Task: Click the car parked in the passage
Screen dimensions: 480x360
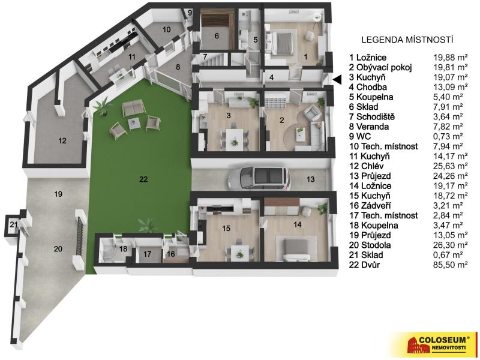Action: pyautogui.click(x=259, y=178)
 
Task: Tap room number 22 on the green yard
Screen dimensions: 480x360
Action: pyautogui.click(x=143, y=179)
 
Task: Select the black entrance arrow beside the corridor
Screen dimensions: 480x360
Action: pyautogui.click(x=337, y=80)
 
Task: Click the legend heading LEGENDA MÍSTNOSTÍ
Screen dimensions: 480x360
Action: pyautogui.click(x=407, y=40)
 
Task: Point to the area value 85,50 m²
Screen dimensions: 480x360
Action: pyautogui.click(x=451, y=265)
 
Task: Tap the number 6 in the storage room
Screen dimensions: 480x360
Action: pyautogui.click(x=217, y=36)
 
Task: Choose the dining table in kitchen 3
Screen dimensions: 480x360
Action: pyautogui.click(x=235, y=137)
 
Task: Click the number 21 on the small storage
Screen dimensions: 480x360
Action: pyautogui.click(x=13, y=224)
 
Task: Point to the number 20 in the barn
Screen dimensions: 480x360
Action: pyautogui.click(x=58, y=249)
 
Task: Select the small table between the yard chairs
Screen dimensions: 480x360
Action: pyautogui.click(x=134, y=124)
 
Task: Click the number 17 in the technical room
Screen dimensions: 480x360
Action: pyautogui.click(x=147, y=254)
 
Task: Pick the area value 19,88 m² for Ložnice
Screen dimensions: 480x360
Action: pyautogui.click(x=451, y=58)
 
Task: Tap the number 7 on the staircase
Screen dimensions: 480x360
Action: pyautogui.click(x=205, y=57)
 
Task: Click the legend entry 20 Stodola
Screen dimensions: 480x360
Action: pyautogui.click(x=370, y=245)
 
